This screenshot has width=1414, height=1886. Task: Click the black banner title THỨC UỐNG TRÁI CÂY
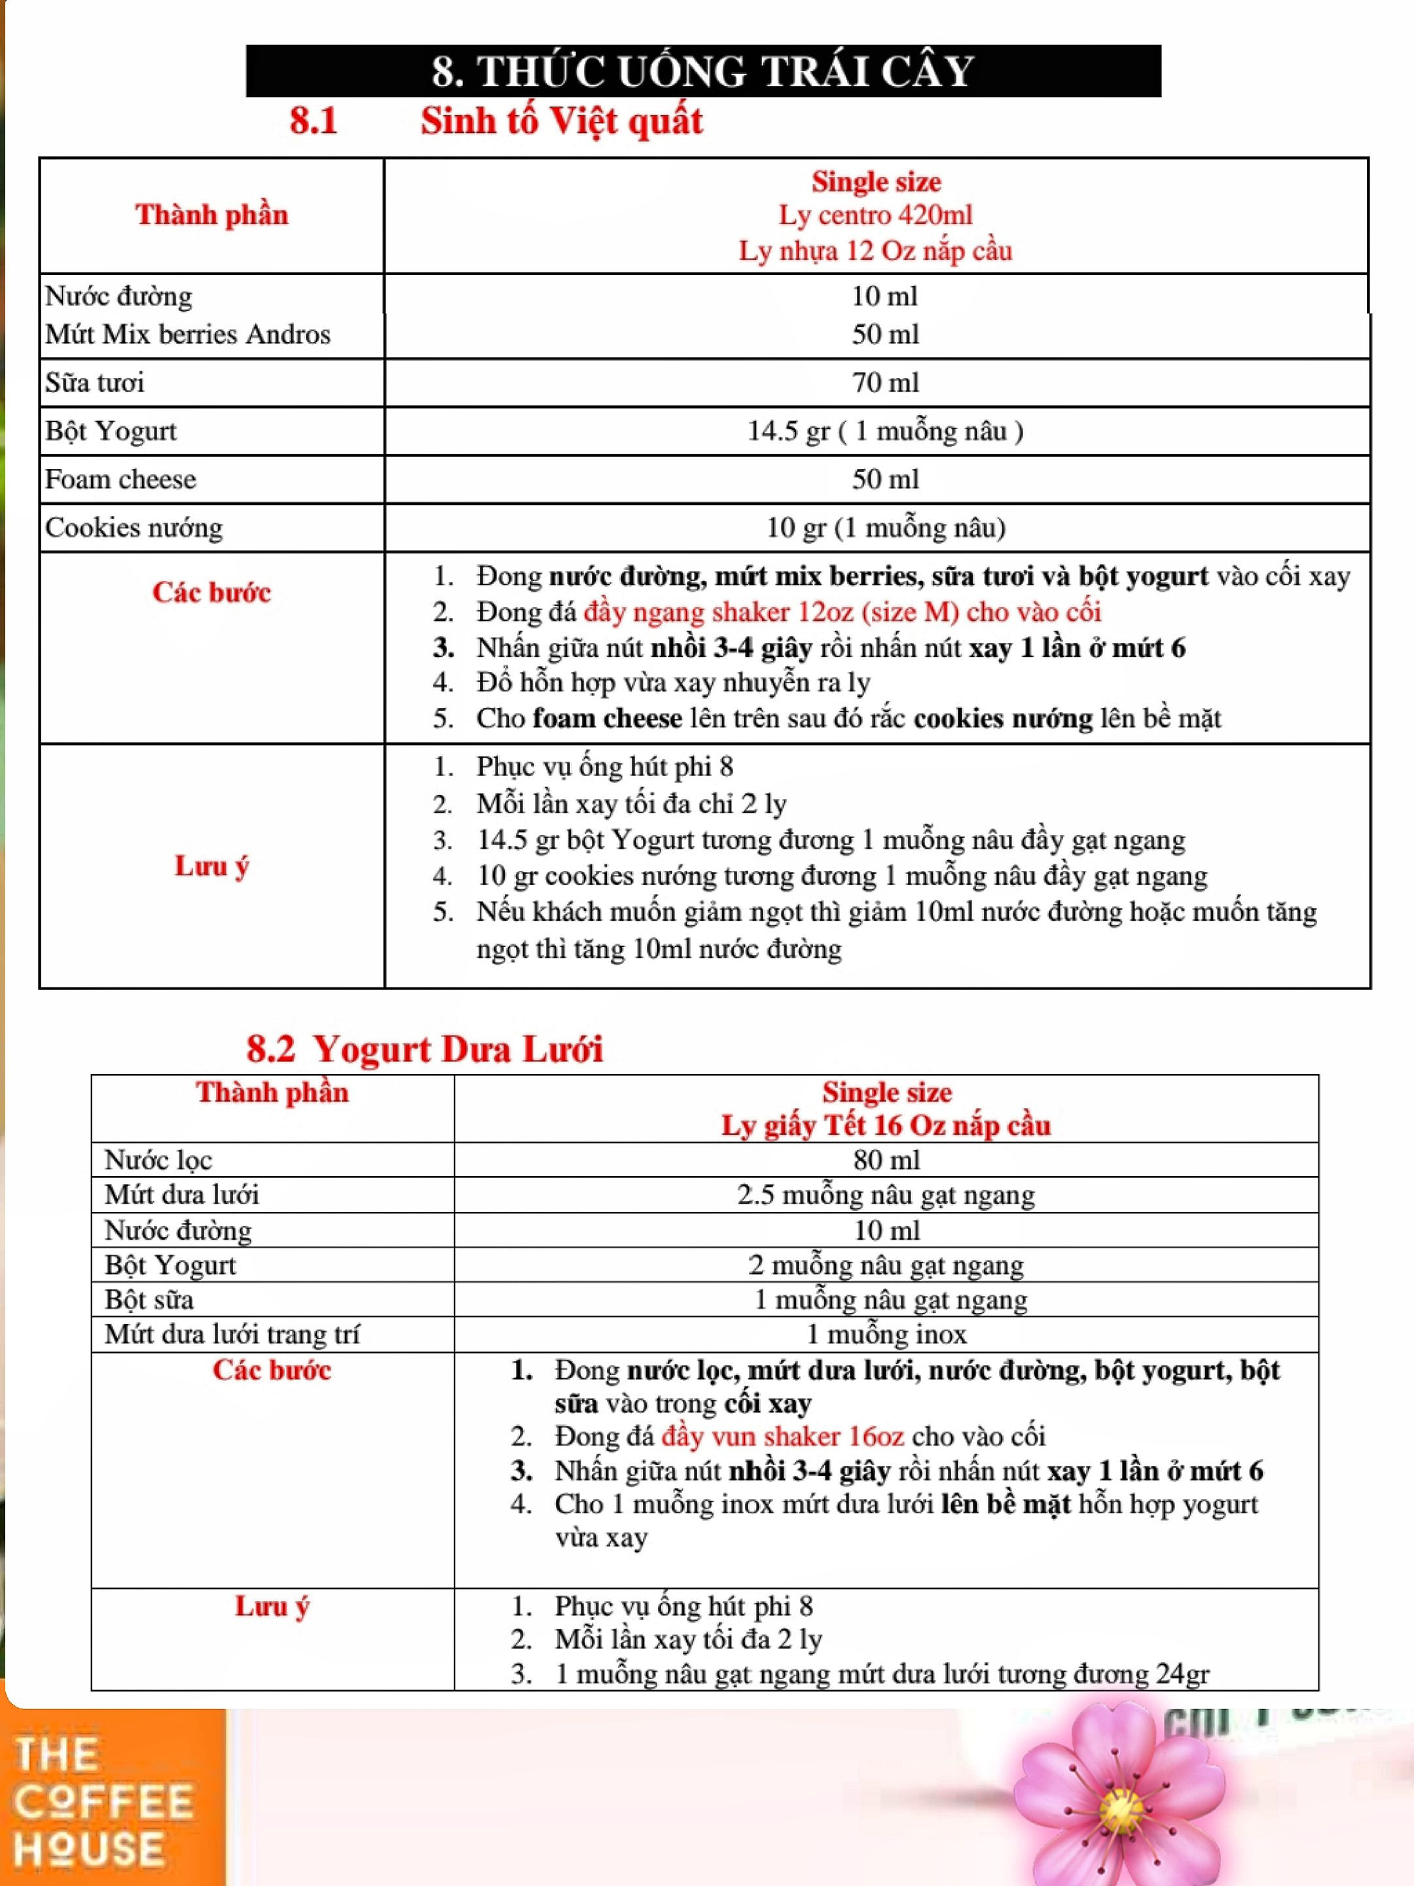[702, 71]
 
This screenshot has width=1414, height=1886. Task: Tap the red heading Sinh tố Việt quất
[561, 121]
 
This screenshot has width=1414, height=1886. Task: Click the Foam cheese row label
[120, 479]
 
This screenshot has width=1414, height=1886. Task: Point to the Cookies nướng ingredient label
[134, 528]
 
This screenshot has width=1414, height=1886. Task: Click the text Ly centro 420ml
[875, 215]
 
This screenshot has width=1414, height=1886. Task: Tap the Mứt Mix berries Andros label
[187, 334]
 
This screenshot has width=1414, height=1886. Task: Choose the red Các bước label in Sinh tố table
[211, 593]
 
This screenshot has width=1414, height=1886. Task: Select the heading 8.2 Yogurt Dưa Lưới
[424, 1048]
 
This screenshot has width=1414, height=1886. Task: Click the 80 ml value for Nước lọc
[886, 1160]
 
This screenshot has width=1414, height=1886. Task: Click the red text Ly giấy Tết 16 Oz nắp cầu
[886, 1126]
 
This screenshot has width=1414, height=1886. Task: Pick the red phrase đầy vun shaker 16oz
[782, 1437]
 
